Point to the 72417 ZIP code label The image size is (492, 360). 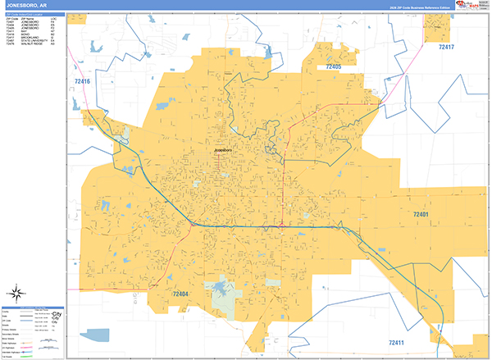446,48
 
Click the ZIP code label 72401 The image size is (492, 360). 421,214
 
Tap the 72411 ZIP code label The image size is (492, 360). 398,341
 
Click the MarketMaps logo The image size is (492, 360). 472,5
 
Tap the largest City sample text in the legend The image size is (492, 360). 57,313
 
